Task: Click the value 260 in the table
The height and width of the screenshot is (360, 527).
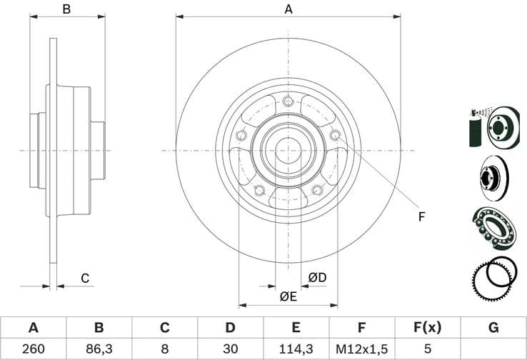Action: pos(33,349)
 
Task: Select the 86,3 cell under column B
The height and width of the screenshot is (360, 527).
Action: pos(99,349)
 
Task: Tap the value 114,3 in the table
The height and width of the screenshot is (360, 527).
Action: pos(296,349)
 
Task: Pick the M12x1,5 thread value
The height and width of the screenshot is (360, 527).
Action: pos(361,349)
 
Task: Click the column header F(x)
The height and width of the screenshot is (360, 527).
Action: pos(427,328)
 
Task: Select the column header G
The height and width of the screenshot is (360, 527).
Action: pos(493,328)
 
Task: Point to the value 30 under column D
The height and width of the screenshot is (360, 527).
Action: pos(230,349)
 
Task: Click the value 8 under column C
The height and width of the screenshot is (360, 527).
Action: pos(164,349)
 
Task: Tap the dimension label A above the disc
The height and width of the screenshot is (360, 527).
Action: pos(288,9)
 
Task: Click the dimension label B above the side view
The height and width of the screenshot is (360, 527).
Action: pos(66,9)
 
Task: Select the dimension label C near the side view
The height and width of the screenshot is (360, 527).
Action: pos(84,278)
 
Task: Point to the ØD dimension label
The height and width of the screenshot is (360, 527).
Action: pos(317,277)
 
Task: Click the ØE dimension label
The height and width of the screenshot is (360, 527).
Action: pos(288,296)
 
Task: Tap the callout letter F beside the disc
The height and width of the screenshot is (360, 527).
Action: pos(421,216)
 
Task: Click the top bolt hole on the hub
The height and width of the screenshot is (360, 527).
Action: pos(288,101)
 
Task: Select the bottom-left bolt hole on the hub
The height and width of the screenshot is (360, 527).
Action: pos(259,190)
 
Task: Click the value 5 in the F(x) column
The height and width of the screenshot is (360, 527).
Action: pos(427,349)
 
